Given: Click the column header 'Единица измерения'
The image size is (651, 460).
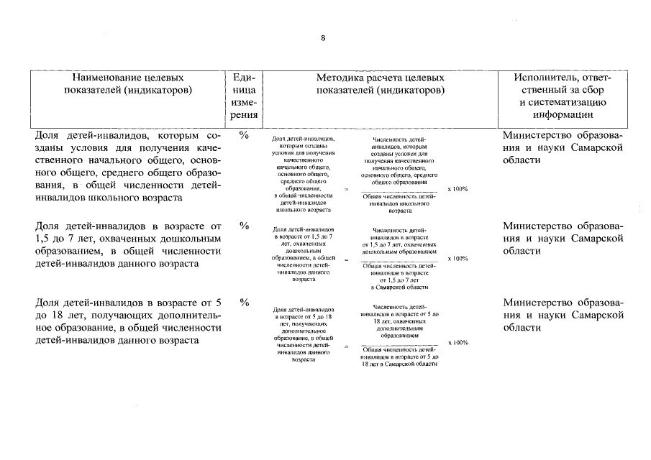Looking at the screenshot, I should [x=244, y=96].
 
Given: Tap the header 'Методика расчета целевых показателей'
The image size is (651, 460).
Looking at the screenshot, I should [x=380, y=84].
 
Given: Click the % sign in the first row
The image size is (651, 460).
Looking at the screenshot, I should [x=244, y=135].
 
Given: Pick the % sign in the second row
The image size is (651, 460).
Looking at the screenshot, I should [x=244, y=226].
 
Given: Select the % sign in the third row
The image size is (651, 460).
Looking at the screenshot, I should [x=244, y=302].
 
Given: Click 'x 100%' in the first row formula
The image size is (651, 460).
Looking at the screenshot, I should [x=457, y=189].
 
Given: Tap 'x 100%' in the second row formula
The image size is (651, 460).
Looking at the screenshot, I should [x=457, y=259].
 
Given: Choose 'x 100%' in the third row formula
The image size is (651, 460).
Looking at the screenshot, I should [x=457, y=343].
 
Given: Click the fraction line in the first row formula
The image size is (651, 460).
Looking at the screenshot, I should [x=400, y=191].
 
